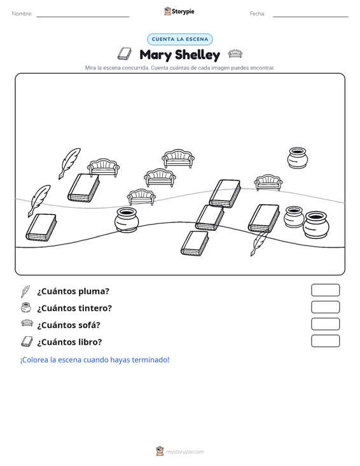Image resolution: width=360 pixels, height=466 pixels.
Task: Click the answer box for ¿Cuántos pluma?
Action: [325, 290]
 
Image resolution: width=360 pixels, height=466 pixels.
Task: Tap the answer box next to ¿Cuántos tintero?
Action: [325, 307]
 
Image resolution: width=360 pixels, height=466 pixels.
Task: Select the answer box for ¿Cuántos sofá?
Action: [325, 324]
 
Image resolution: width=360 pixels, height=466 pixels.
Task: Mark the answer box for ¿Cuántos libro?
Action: [325, 341]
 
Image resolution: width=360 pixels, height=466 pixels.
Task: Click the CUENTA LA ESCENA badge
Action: [180, 39]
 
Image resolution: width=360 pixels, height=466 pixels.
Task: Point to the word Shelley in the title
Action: [197, 55]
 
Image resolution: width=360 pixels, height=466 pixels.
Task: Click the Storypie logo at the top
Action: [179, 11]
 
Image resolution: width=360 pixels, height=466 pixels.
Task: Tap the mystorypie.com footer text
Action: [185, 452]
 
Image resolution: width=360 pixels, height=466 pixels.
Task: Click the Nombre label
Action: [22, 14]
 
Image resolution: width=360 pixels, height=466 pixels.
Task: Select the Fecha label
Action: [258, 14]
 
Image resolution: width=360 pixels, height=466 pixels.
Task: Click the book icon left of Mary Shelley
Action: [124, 54]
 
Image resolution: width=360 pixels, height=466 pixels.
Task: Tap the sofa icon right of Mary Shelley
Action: [235, 54]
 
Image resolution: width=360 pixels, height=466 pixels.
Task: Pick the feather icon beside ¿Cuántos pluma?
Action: [25, 291]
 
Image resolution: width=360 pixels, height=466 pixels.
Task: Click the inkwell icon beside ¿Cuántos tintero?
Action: [26, 308]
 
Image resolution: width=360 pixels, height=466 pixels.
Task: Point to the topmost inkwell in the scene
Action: [298, 158]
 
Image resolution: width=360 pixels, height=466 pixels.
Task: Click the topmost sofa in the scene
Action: [178, 159]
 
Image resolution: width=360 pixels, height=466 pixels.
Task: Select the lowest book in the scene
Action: [195, 243]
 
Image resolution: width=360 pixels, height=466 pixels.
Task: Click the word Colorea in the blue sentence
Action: [34, 360]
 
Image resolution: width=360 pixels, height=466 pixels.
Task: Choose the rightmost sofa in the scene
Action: [268, 182]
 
